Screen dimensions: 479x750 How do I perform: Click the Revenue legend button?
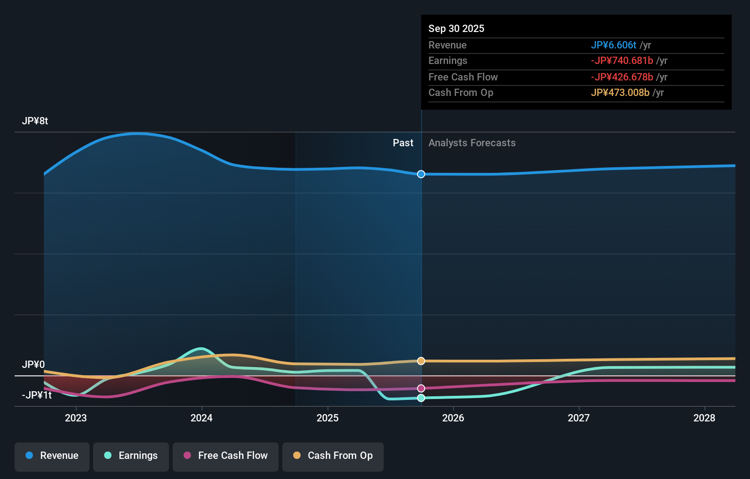[x=52, y=456]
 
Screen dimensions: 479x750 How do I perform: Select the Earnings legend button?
[x=131, y=456]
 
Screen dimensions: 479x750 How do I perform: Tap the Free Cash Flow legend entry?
[x=226, y=456]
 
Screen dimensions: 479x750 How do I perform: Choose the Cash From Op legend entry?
[x=333, y=456]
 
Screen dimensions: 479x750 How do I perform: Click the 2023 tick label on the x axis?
[x=76, y=418]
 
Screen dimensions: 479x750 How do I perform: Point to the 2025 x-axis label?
[x=327, y=418]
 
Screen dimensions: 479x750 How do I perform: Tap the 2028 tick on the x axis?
[x=704, y=418]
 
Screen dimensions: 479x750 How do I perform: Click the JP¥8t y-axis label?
[x=35, y=121]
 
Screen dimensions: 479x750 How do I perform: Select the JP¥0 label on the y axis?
[x=33, y=364]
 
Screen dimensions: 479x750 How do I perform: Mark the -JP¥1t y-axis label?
[x=37, y=395]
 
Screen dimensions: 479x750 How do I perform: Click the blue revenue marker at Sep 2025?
[x=421, y=174]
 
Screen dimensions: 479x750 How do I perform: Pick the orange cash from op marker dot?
[x=421, y=361]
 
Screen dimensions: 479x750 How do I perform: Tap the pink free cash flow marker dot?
[x=421, y=389]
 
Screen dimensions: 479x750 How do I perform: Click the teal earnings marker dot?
[x=421, y=398]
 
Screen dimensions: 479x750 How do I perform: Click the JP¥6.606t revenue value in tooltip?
[x=613, y=45]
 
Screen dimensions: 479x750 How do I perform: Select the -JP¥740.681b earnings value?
[x=622, y=61]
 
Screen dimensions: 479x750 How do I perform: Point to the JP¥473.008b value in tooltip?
[x=620, y=93]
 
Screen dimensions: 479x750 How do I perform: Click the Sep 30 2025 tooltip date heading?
[x=456, y=29]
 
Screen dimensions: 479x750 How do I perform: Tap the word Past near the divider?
[x=403, y=143]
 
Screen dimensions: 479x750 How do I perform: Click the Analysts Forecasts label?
[x=472, y=143]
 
